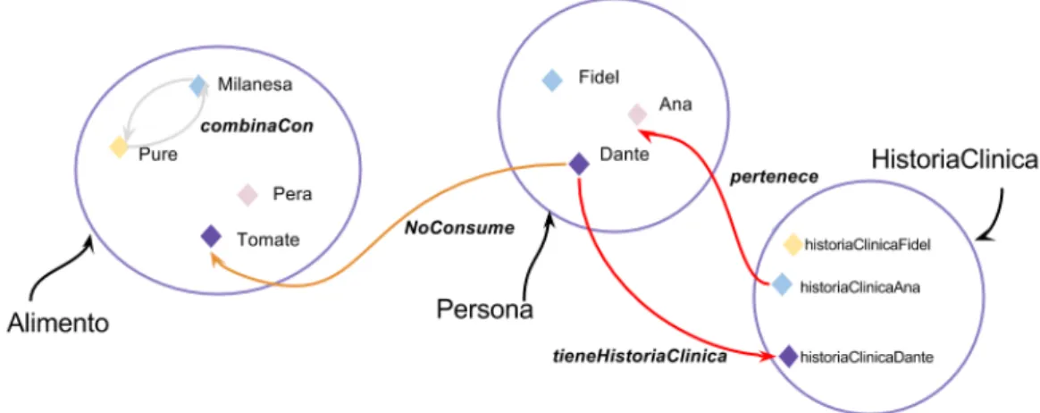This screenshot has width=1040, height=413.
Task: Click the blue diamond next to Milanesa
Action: point(198,86)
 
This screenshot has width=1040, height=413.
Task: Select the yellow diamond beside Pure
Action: point(120,147)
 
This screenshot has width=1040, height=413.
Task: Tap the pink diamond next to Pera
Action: point(247,195)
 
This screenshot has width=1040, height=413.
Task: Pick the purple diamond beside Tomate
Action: point(211,236)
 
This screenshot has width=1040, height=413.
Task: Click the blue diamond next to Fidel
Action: point(552,80)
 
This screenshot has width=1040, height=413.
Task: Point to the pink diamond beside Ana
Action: point(637,114)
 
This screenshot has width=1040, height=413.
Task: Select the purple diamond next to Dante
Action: point(580,164)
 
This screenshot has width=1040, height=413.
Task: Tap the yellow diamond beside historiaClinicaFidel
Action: point(792,245)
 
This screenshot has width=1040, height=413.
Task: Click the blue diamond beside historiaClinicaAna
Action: point(783,285)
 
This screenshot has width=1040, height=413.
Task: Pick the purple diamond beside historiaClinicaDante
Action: point(789,357)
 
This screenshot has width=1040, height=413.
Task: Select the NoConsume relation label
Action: point(459,229)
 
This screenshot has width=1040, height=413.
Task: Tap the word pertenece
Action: point(774,179)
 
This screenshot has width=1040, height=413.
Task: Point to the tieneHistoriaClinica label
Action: point(640,357)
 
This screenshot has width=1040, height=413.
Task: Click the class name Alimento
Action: point(58,323)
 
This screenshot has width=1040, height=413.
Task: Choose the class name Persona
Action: point(485,309)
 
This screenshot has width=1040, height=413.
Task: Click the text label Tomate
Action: point(269,240)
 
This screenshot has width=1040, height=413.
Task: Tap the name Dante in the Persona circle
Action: point(625,155)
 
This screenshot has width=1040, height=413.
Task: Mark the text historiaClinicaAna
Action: point(860,288)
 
